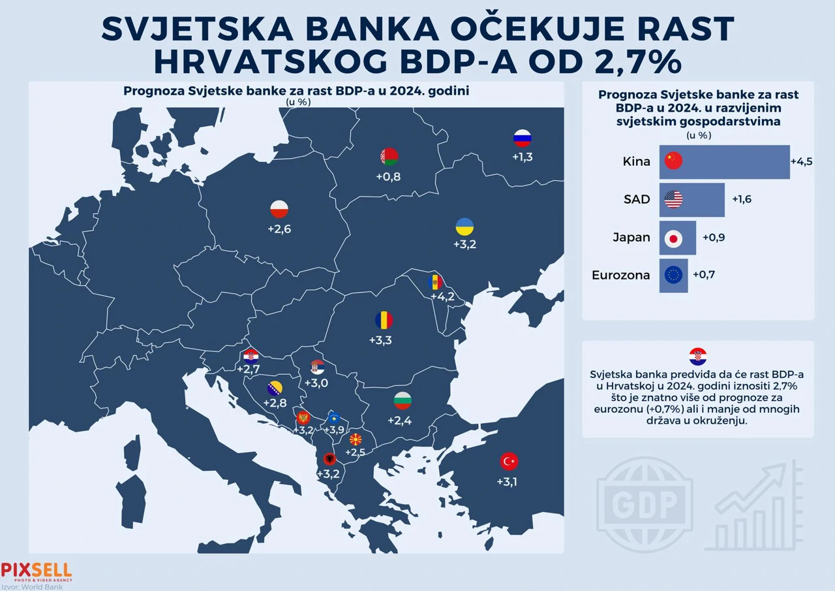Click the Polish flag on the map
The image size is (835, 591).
(279, 210)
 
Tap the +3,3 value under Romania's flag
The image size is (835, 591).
(380, 340)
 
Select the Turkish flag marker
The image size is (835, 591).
(509, 462)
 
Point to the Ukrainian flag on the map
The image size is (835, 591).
(464, 227)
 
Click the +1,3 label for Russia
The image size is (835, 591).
(522, 157)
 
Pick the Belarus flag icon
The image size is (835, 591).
(389, 157)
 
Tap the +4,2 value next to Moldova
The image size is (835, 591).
(442, 297)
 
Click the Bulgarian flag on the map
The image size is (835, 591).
(402, 401)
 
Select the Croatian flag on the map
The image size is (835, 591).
(251, 357)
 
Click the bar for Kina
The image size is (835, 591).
(724, 161)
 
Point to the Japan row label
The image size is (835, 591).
(631, 238)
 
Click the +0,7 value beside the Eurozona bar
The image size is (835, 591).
(704, 275)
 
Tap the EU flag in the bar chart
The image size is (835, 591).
(673, 276)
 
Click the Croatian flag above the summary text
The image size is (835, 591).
(698, 357)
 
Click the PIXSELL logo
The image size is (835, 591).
(37, 571)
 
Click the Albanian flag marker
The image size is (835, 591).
(329, 459)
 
